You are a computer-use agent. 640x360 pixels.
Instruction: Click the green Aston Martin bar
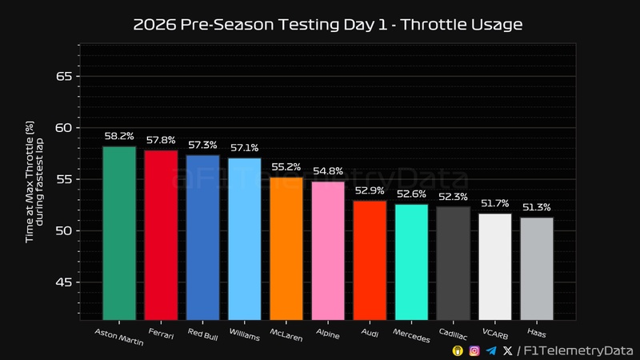119,233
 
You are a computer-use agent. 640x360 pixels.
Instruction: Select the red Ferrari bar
161,234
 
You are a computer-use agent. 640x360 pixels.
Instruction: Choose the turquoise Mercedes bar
411,262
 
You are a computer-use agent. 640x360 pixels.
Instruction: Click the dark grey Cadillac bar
453,263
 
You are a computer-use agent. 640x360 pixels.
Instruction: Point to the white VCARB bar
494,266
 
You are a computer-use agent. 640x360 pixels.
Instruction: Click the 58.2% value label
119,137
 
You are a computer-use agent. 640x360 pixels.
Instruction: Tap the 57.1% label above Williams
244,149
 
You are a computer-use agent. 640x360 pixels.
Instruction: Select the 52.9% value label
370,191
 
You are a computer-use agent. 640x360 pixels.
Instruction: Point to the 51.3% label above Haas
536,208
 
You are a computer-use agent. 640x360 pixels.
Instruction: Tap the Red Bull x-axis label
203,333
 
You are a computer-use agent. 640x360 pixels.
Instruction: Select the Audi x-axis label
370,332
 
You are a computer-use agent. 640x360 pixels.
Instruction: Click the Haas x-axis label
537,331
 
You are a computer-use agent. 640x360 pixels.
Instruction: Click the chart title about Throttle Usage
327,25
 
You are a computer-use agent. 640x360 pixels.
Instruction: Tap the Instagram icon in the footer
474,350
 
